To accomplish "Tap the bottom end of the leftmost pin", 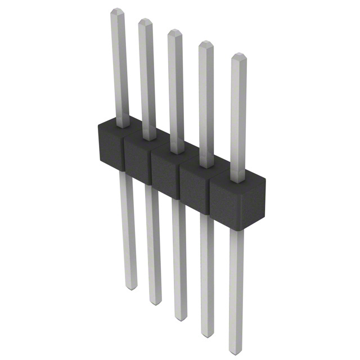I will pyautogui.click(x=130, y=287).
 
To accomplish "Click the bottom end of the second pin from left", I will pyautogui.click(x=155, y=302).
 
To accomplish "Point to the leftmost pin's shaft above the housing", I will pyautogui.click(x=119, y=67).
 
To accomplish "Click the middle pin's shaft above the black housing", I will pyautogui.click(x=176, y=90).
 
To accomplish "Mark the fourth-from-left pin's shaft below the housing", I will pyautogui.click(x=208, y=270).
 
